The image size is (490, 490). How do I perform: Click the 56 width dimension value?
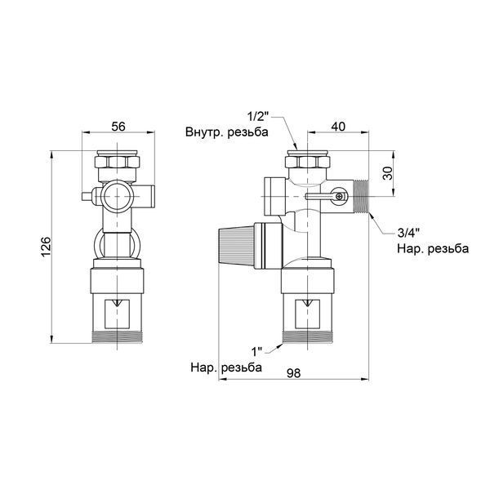point(118,127)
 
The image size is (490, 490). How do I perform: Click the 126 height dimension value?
point(46,247)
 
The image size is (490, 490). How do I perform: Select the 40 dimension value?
point(338,127)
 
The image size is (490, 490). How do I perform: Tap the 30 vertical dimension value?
point(388,173)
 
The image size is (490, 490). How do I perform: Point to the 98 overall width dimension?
point(293,373)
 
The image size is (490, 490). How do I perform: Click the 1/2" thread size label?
point(258,117)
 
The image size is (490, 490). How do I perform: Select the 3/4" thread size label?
point(408,233)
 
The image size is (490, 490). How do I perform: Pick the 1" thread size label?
point(256,352)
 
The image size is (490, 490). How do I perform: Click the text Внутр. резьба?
point(226,131)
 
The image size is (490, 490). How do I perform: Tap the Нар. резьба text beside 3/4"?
point(433,249)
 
